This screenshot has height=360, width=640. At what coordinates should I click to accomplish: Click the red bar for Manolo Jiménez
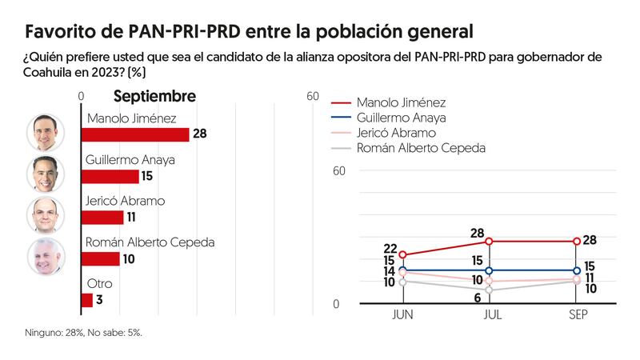tap(135, 134)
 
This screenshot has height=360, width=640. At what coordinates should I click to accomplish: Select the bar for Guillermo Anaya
tap(110, 176)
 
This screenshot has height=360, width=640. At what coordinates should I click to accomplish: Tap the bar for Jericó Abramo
tap(102, 218)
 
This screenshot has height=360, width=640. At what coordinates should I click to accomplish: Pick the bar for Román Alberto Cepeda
tap(100, 259)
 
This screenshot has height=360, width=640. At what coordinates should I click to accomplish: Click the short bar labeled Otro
tap(86, 300)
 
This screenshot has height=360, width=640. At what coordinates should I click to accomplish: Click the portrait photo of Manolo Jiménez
tap(46, 132)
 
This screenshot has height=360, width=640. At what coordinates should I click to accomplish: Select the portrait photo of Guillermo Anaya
tap(46, 174)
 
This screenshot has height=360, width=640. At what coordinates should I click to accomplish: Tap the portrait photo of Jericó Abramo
tap(46, 215)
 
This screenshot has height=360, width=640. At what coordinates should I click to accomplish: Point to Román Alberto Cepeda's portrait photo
tap(46, 257)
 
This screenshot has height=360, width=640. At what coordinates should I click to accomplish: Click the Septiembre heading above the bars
tap(154, 97)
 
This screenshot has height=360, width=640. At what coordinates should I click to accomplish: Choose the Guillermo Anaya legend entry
tap(400, 118)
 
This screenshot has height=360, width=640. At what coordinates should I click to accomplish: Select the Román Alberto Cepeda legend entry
tap(420, 148)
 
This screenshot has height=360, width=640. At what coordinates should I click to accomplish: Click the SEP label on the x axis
tap(578, 316)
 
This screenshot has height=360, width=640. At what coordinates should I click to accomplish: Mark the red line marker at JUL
tap(489, 241)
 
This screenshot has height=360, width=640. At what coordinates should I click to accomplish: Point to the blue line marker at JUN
tap(402, 270)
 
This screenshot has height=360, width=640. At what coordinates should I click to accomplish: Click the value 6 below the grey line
tap(478, 298)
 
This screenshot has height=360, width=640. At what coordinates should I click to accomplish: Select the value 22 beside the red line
tap(390, 249)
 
